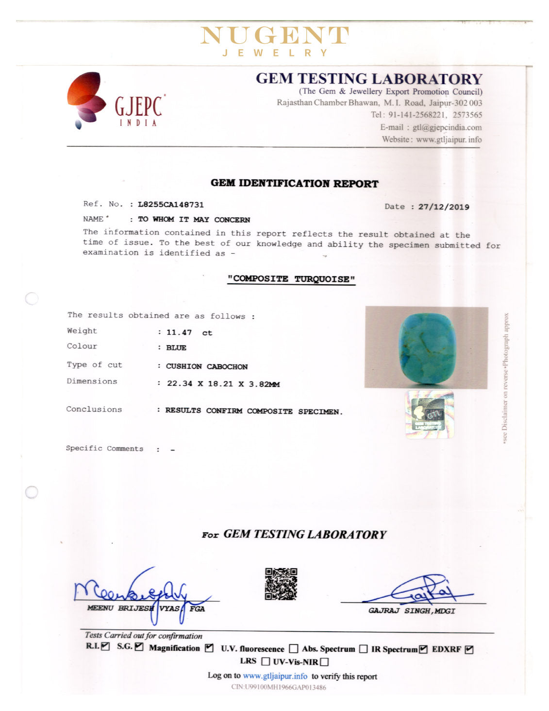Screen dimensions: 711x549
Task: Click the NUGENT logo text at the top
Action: [x=274, y=35]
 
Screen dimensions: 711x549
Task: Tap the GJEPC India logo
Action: [x=116, y=101]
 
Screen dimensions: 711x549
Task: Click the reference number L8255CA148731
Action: [x=171, y=205]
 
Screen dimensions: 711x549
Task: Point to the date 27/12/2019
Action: [x=444, y=207]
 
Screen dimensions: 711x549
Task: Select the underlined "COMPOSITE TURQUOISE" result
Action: [x=291, y=279]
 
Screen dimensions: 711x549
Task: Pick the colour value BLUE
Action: [x=176, y=348]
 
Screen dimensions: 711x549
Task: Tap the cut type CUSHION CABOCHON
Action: [x=207, y=366]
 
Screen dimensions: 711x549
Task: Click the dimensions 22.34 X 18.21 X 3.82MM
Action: [x=223, y=384]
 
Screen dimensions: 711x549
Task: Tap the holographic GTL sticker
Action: [x=430, y=415]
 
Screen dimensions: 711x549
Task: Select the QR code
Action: [x=281, y=584]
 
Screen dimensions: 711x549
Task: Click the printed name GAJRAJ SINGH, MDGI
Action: [x=412, y=611]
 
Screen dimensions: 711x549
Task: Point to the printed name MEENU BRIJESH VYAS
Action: [x=134, y=608]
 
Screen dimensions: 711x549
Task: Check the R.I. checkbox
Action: [x=106, y=646]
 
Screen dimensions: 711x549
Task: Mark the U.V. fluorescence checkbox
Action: [x=293, y=649]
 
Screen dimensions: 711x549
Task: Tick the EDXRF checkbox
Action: [x=469, y=649]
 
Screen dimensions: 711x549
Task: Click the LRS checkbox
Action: [x=266, y=661]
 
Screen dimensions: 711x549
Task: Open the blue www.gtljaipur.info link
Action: [x=275, y=676]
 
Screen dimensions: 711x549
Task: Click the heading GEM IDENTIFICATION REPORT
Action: [x=294, y=183]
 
